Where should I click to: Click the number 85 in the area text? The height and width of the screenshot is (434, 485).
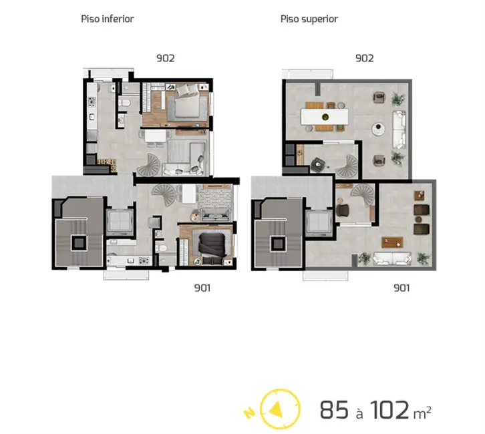(334, 409)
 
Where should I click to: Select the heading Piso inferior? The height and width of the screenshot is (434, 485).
(107, 19)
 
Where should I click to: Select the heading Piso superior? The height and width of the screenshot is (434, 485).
(309, 19)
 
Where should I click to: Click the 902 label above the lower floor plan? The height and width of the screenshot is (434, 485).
(165, 57)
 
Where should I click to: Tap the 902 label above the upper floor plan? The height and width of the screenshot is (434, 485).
(364, 57)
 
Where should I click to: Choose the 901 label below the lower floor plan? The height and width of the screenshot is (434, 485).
(203, 288)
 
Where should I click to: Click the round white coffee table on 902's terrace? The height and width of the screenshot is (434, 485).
(379, 127)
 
